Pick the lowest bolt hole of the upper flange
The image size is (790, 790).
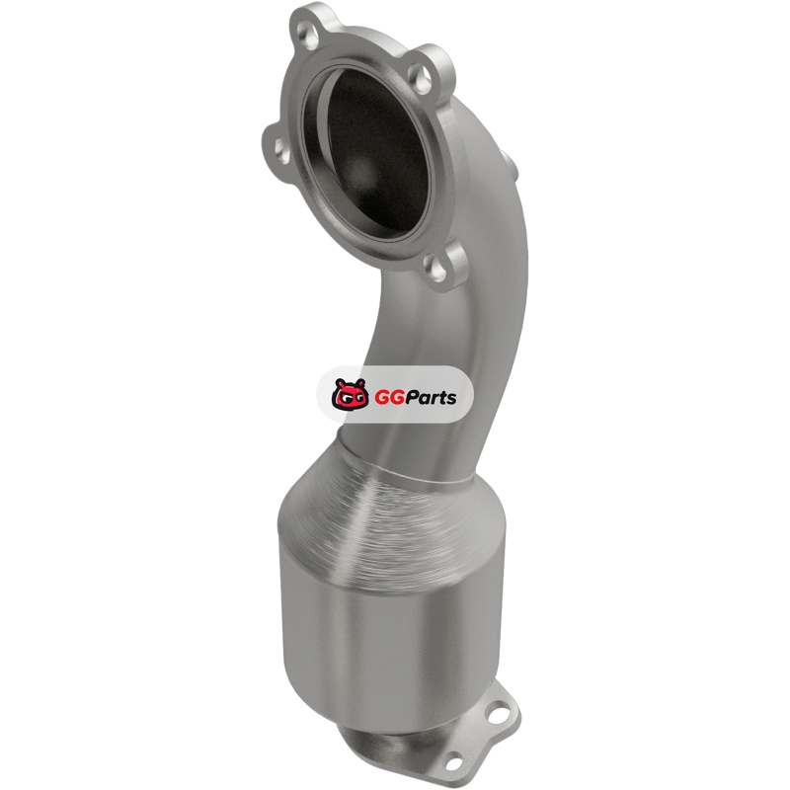pyautogui.click(x=435, y=270)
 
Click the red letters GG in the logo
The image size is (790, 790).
pyautogui.click(x=385, y=398)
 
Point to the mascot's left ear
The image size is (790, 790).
pyautogui.click(x=338, y=384)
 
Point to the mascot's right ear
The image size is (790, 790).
pyautogui.click(x=359, y=384)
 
